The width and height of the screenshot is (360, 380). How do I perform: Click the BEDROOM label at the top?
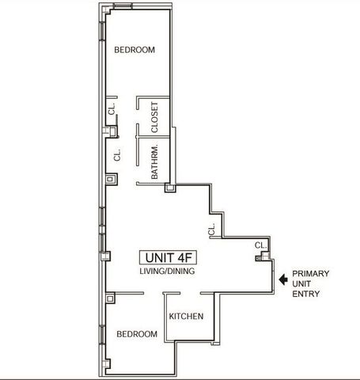tap(134, 50)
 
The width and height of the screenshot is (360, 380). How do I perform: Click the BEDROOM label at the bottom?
tap(137, 335)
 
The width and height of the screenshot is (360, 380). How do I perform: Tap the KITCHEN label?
tap(187, 317)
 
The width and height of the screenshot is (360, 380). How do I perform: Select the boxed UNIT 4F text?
tap(166, 257)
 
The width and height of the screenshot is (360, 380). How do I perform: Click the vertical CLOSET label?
tap(155, 116)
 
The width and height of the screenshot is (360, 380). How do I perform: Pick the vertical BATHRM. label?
tap(155, 161)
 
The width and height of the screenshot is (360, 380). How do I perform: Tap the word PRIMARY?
tap(311, 273)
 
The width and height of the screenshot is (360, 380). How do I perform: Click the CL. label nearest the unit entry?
tap(260, 245)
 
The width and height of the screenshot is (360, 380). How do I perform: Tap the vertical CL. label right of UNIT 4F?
tap(211, 229)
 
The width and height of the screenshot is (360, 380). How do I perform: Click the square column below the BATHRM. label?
tap(169, 188)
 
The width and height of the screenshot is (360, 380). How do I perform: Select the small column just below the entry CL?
tap(267, 256)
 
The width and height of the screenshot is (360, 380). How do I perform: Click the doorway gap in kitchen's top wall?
tap(191, 293)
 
